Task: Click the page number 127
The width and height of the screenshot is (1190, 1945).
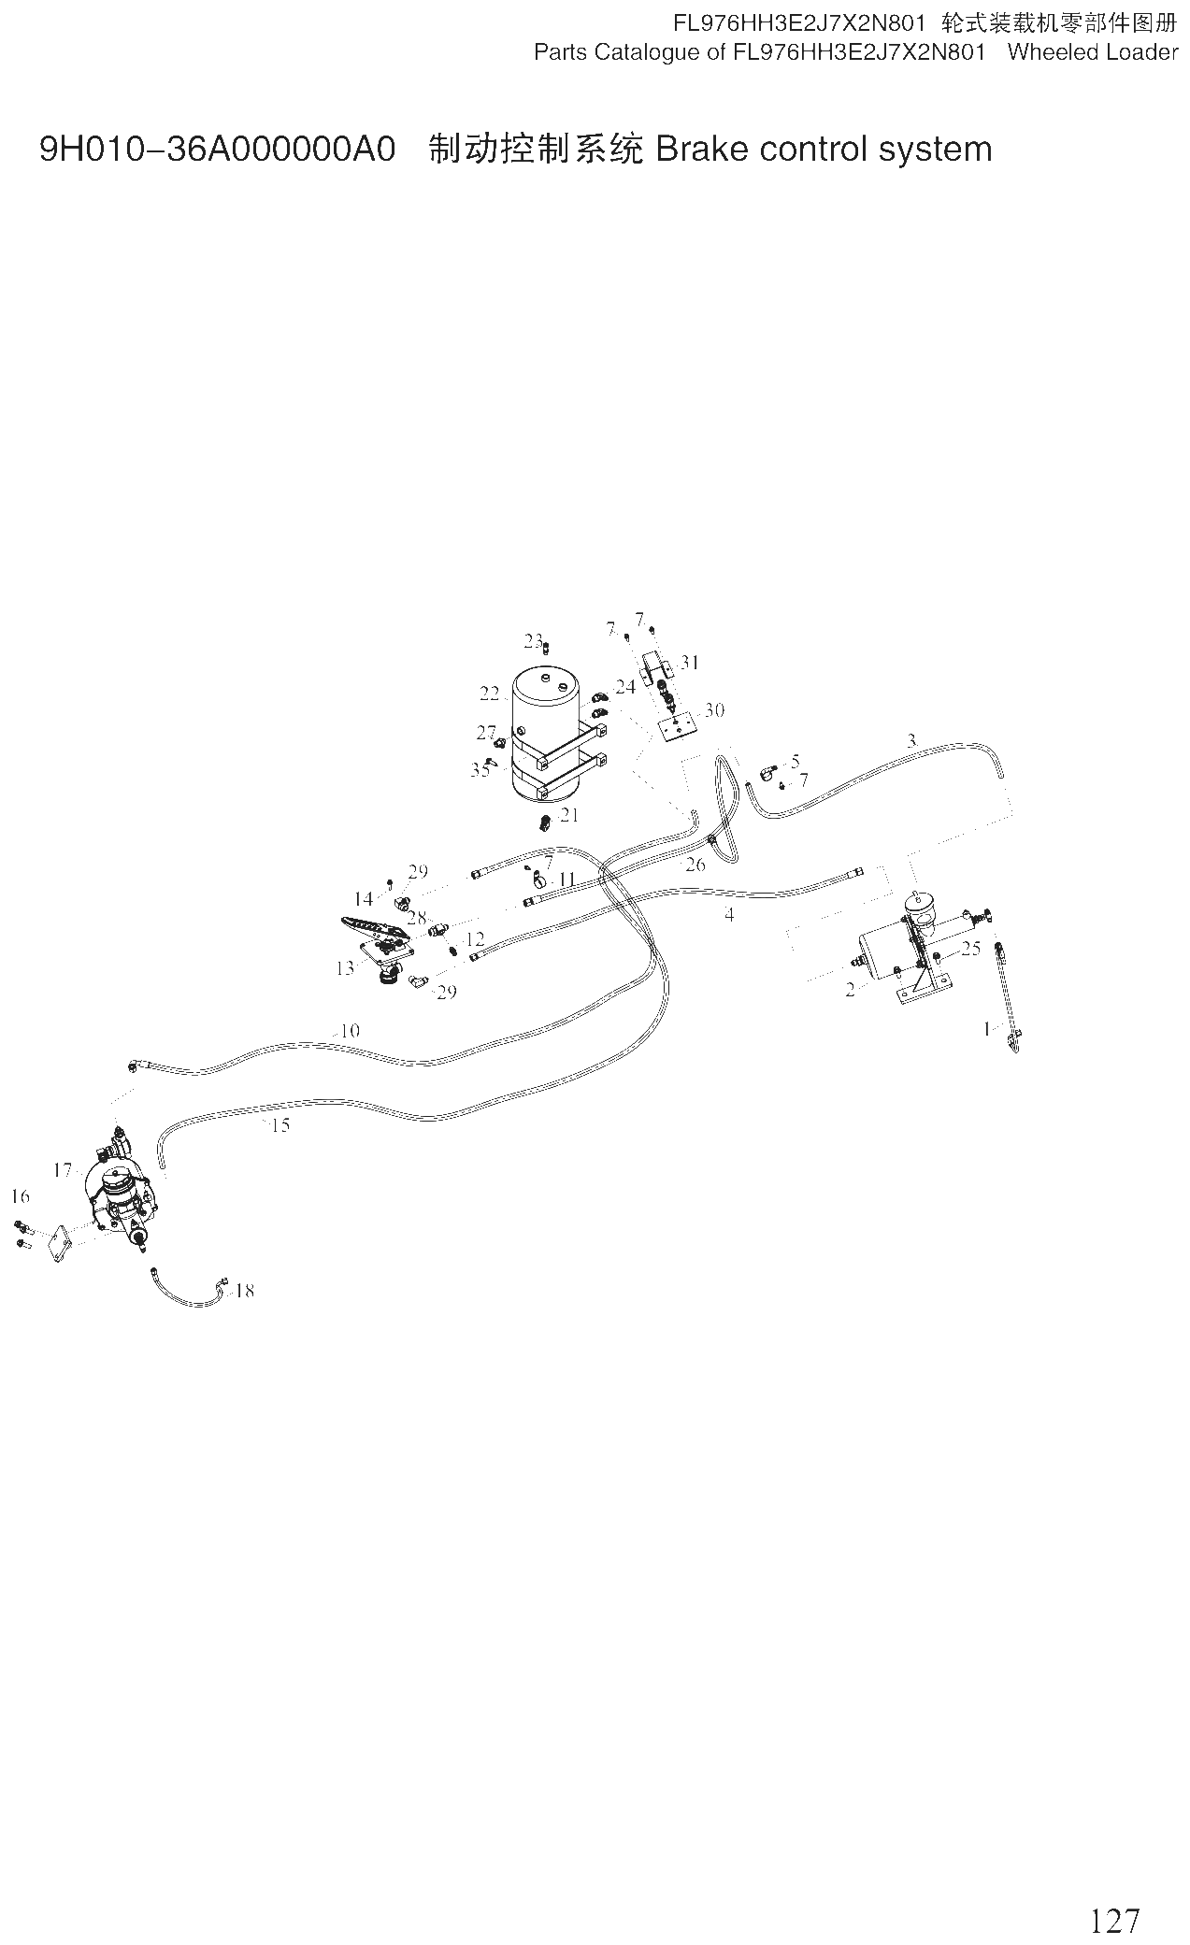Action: (1115, 1894)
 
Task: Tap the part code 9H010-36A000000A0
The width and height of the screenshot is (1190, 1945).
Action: (218, 150)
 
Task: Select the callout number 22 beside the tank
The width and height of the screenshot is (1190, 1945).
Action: (491, 694)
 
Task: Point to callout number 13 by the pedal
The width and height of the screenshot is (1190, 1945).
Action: (345, 968)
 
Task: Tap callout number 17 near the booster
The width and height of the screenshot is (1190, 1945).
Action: (63, 1170)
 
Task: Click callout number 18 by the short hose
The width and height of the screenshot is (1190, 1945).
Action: (244, 1291)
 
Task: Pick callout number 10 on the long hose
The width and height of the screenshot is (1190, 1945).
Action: (350, 1031)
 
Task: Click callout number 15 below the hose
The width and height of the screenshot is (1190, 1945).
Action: (280, 1125)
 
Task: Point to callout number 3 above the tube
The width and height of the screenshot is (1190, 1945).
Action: (911, 741)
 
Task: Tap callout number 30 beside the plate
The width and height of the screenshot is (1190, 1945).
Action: (714, 710)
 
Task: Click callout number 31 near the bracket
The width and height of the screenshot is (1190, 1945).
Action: (690, 663)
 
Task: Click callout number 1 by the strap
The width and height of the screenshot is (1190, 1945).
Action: (986, 1029)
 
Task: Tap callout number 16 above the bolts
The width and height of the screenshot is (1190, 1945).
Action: (21, 1196)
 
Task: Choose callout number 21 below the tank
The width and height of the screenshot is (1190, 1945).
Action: (569, 815)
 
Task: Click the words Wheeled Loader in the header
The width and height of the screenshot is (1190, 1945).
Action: (1093, 52)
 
